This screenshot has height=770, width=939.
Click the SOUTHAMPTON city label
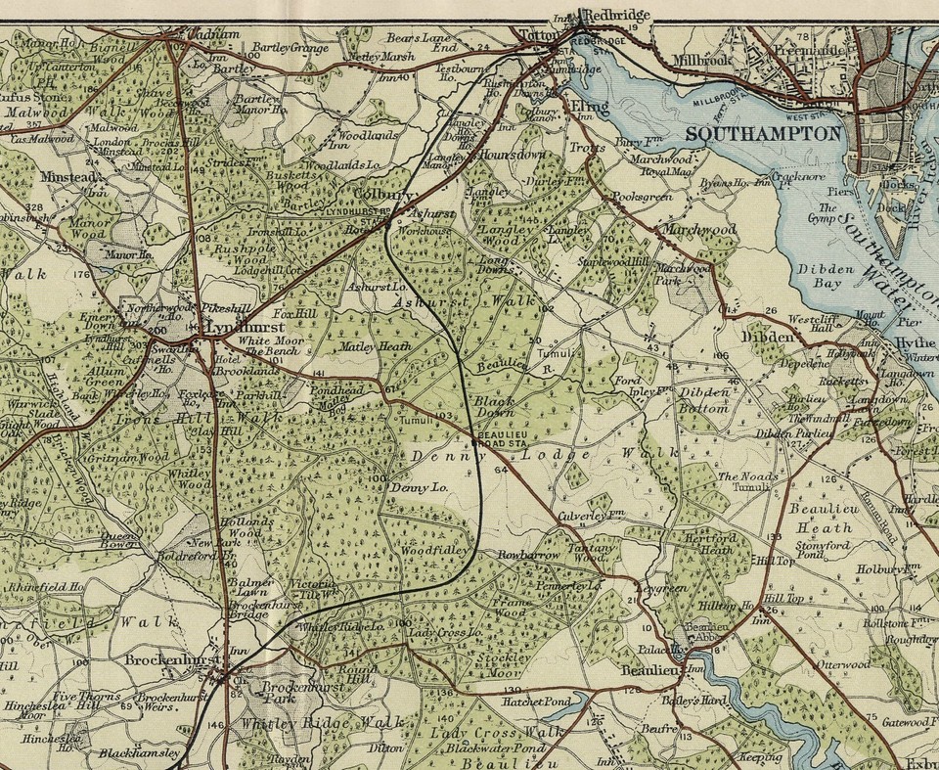[763, 134]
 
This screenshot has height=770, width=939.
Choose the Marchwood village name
[699, 229]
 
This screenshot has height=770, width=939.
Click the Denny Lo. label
[419, 487]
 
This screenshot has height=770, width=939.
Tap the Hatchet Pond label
[536, 702]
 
